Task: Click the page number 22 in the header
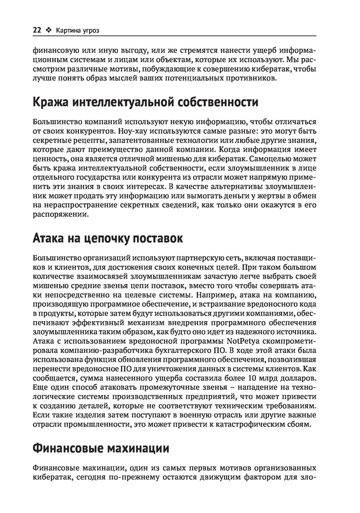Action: point(36,30)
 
